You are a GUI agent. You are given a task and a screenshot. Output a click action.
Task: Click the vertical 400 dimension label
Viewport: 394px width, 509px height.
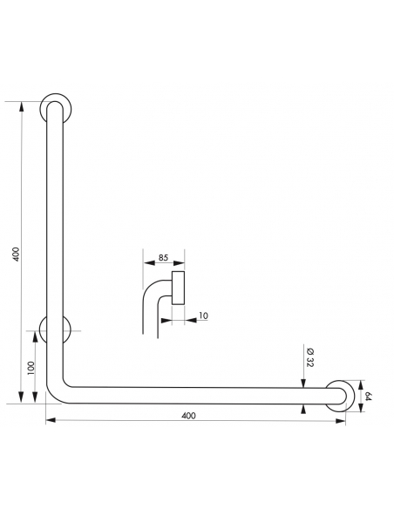[x=16, y=254]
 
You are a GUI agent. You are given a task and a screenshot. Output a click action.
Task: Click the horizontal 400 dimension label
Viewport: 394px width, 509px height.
[x=188, y=416]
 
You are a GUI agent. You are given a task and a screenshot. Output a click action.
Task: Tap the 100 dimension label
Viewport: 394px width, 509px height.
[x=31, y=368]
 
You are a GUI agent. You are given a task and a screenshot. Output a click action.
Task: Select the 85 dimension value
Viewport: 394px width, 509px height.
[x=163, y=257]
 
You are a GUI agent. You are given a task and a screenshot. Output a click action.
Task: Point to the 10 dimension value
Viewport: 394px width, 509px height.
[x=203, y=316]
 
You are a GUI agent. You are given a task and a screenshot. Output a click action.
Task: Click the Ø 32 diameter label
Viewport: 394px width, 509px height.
[x=309, y=357]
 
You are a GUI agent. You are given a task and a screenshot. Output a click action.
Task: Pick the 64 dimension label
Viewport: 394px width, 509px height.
[x=368, y=396]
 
